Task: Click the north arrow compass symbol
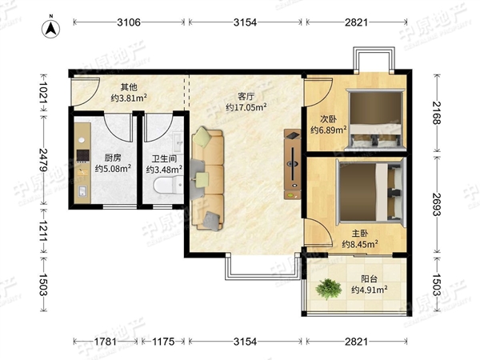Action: pos(51,28)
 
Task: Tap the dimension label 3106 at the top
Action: pos(129,22)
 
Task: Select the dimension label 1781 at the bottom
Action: pos(105,342)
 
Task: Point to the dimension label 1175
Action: pos(163,342)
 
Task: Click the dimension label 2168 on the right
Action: pos(437,113)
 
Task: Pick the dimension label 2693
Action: pos(437,205)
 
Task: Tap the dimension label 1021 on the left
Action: pos(43,93)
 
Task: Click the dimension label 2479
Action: pos(43,160)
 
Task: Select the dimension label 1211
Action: pos(43,230)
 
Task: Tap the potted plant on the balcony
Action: pos(329,289)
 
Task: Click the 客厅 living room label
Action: pos(246,97)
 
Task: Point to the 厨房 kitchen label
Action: pos(113,158)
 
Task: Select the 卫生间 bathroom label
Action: pos(164,159)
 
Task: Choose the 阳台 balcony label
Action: pos(369,279)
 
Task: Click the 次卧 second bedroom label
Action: pos(329,118)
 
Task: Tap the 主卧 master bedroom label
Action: pos(360,234)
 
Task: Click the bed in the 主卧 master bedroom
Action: pos(371,192)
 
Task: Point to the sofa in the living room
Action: pos(207,178)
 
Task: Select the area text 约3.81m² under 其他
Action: pos(129,98)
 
